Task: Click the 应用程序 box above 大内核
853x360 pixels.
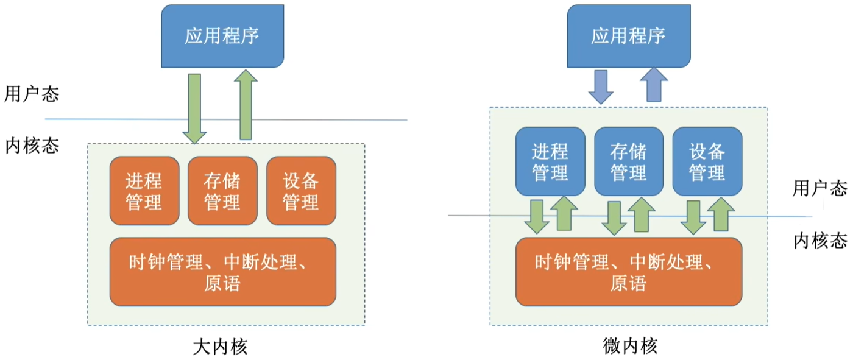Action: pyautogui.click(x=222, y=36)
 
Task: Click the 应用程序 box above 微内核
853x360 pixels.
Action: pyautogui.click(x=629, y=36)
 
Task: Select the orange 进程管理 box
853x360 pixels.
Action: pyautogui.click(x=144, y=191)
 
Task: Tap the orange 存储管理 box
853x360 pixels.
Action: pyautogui.click(x=222, y=191)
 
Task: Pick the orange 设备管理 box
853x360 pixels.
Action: pyautogui.click(x=301, y=191)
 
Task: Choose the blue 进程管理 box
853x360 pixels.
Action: pyautogui.click(x=550, y=161)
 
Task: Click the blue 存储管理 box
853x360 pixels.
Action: pyautogui.click(x=629, y=161)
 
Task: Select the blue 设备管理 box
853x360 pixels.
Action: pyautogui.click(x=707, y=161)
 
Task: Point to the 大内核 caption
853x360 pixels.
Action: pyautogui.click(x=220, y=347)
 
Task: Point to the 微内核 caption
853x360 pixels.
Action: pyautogui.click(x=630, y=346)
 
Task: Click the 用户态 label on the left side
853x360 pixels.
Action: pyautogui.click(x=32, y=94)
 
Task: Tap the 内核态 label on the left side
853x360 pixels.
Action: pyautogui.click(x=32, y=146)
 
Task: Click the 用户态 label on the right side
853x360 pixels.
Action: pyautogui.click(x=820, y=188)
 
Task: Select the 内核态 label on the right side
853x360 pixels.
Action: pyautogui.click(x=821, y=241)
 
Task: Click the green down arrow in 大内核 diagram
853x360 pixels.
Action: pyautogui.click(x=194, y=109)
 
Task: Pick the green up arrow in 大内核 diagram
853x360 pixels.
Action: pyautogui.click(x=246, y=105)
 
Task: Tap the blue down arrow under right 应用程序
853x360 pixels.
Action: pyautogui.click(x=601, y=87)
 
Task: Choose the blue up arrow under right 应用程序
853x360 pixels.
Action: pyautogui.click(x=654, y=85)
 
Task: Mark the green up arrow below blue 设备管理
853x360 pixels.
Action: pyautogui.click(x=721, y=214)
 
